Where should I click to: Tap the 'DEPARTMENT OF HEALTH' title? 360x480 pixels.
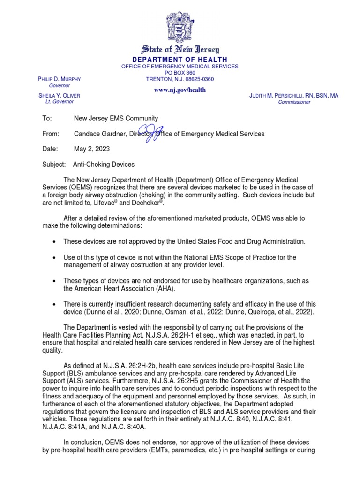(x=180, y=60)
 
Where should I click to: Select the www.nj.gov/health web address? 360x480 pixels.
(x=180, y=90)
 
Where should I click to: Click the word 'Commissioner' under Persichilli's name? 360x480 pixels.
(x=294, y=102)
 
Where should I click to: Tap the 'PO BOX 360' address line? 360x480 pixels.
(x=180, y=73)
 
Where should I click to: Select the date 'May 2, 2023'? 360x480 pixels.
(x=92, y=149)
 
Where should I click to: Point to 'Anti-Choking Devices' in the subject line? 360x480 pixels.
(x=104, y=165)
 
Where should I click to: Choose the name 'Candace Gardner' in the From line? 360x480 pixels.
(x=99, y=134)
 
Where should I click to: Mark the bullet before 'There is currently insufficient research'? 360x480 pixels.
(x=55, y=304)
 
